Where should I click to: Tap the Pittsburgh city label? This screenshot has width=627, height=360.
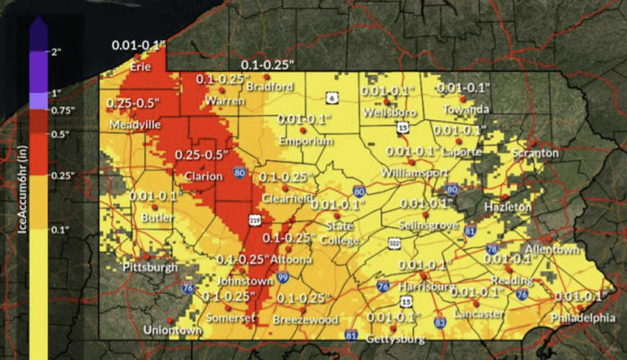click(x=149, y=267)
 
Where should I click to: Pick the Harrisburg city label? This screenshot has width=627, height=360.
click(x=426, y=287)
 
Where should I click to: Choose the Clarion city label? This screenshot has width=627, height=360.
click(x=203, y=176)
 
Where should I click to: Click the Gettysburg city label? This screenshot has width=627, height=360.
click(x=396, y=338)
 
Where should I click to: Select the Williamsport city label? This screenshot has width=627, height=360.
click(x=415, y=173)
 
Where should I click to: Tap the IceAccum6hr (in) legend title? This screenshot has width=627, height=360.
click(x=24, y=188)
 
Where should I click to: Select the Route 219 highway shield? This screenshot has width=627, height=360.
click(x=255, y=220)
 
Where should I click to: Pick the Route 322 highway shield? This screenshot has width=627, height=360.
click(x=394, y=242)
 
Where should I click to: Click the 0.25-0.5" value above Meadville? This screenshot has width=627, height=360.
click(x=133, y=104)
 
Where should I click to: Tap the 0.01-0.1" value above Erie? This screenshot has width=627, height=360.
click(x=139, y=43)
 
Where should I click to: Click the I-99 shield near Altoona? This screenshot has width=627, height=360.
click(x=282, y=278)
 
